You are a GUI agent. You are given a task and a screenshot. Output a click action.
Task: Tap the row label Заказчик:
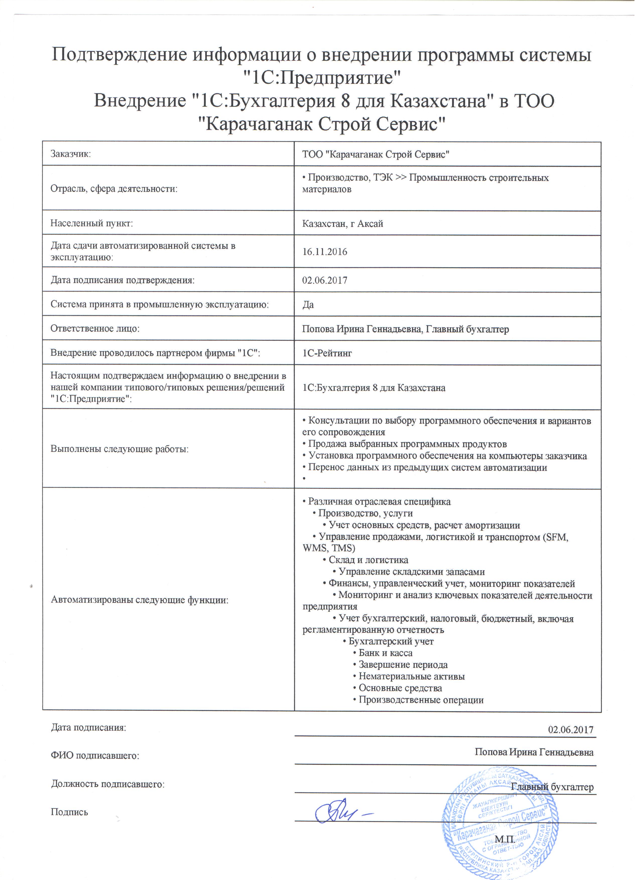[71, 155]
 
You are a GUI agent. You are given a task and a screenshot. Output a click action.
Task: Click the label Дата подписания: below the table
[89, 734]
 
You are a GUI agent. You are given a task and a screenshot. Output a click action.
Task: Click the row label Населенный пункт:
[92, 225]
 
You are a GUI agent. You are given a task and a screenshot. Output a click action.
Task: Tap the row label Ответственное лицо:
[95, 331]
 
